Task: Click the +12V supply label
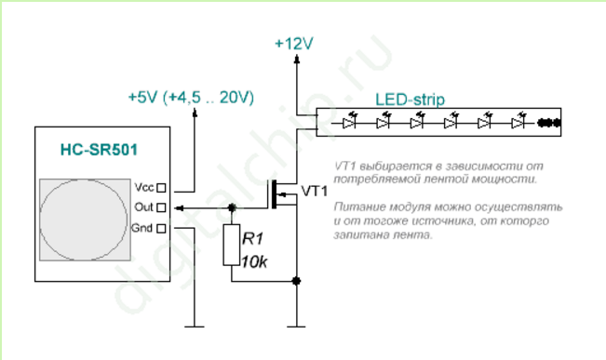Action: click(294, 44)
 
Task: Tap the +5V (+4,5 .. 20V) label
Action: click(191, 98)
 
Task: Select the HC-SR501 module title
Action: click(99, 150)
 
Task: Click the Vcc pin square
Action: click(162, 188)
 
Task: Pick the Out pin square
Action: click(162, 207)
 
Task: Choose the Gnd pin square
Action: click(162, 228)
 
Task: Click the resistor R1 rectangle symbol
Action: click(231, 245)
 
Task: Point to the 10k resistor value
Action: click(254, 262)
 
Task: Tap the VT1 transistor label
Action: click(315, 192)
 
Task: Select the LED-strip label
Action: click(411, 100)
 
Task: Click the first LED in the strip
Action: click(349, 123)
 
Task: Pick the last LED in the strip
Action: click(518, 123)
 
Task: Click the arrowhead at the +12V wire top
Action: click(296, 59)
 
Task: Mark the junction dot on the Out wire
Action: click(232, 207)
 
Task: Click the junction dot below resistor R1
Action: click(296, 281)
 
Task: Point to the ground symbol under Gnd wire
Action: click(195, 327)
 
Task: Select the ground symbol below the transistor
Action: click(296, 327)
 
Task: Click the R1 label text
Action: click(253, 239)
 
